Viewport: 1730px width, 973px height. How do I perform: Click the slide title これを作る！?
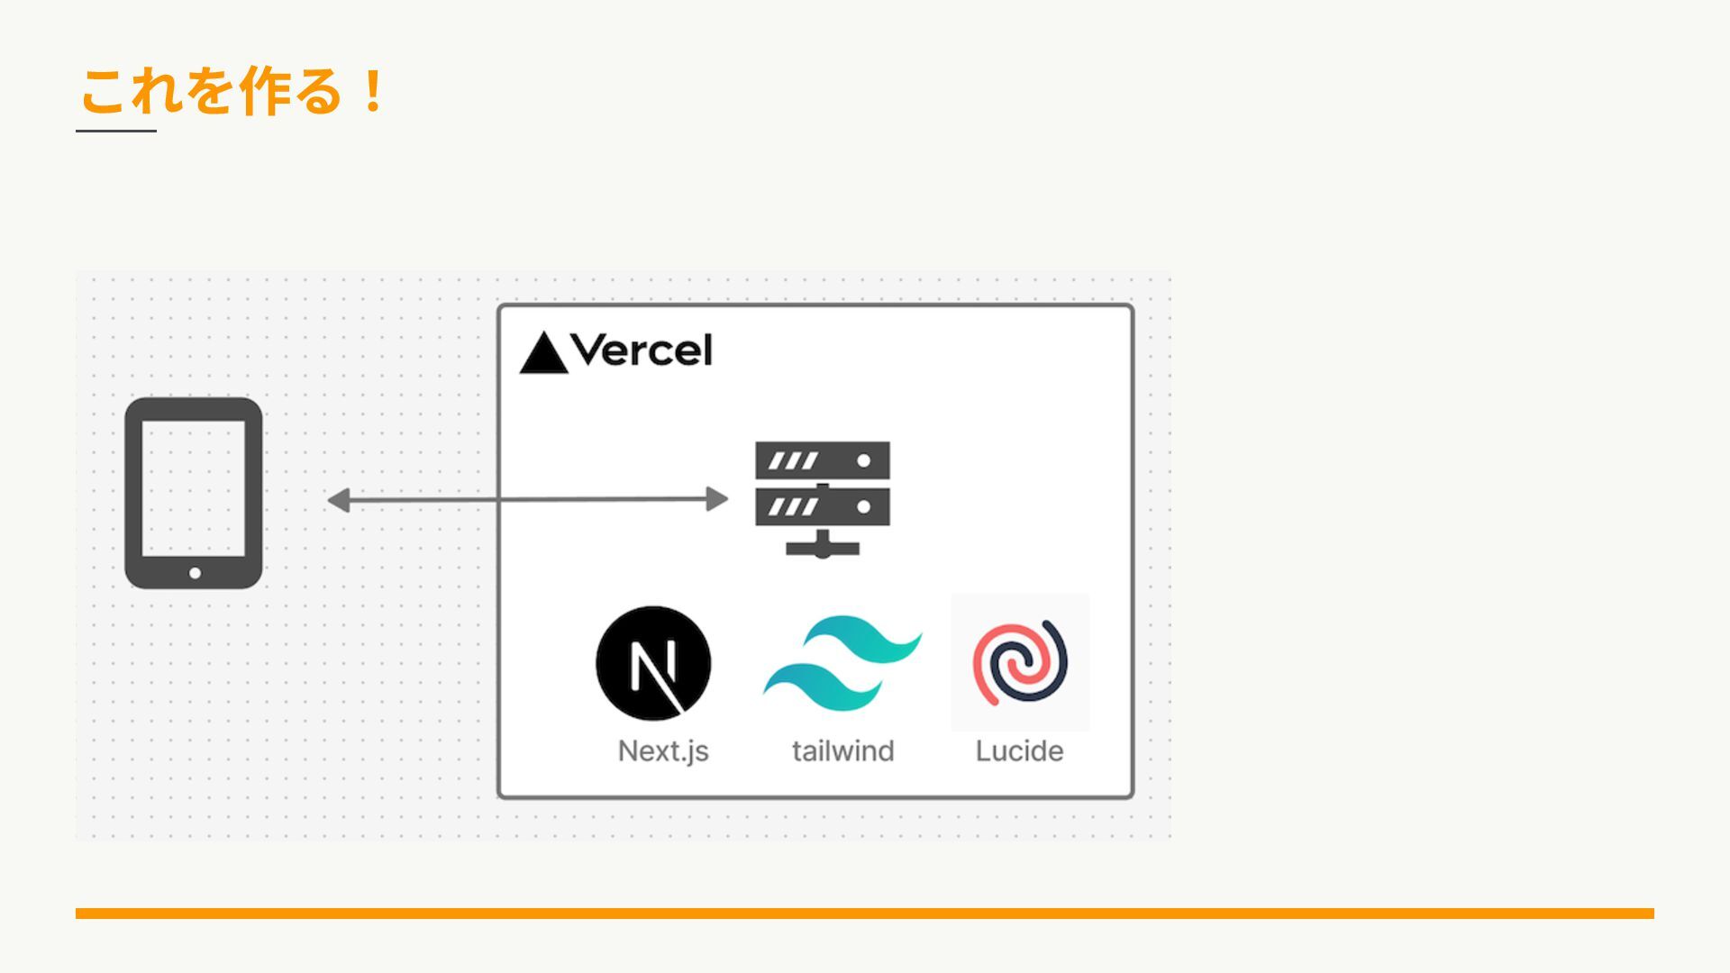232,91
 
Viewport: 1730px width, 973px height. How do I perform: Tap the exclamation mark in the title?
371,91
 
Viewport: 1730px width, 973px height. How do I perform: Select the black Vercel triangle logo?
543,354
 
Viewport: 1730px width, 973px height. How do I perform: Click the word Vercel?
642,350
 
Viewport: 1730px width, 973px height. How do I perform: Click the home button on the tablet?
195,573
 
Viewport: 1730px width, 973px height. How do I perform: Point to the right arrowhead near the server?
717,498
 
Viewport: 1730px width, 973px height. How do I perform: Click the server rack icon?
822,497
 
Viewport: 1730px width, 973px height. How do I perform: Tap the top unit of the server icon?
822,460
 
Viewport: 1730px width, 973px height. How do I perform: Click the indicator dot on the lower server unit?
863,507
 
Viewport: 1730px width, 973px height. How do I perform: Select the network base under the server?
822,547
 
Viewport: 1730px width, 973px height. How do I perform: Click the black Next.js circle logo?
653,663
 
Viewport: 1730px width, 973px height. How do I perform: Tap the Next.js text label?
663,750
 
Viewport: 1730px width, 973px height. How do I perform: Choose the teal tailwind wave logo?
842,663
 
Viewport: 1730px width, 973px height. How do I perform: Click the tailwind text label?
842,750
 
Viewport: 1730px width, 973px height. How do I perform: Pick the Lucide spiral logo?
1020,662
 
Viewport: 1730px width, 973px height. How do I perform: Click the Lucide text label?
1019,750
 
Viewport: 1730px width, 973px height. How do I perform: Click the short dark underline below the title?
116,131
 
